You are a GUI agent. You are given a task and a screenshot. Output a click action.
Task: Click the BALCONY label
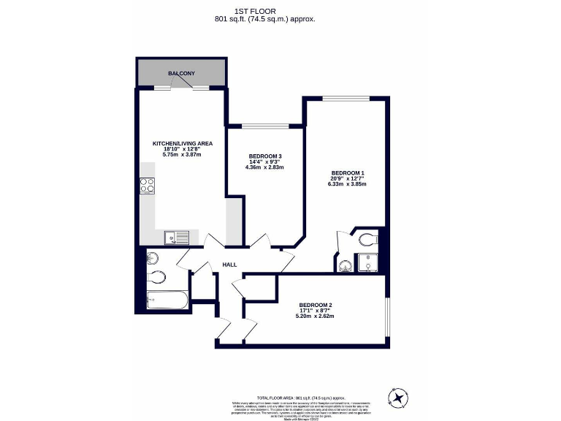181,74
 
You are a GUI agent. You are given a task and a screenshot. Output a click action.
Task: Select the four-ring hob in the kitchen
147,186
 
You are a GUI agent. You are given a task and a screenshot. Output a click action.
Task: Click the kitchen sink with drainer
176,236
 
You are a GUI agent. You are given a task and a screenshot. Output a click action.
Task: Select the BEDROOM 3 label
264,156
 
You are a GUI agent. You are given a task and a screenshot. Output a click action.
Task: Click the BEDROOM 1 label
347,173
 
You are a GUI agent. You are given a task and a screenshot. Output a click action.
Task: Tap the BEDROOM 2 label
316,305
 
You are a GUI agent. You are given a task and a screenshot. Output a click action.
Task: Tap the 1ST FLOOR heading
264,10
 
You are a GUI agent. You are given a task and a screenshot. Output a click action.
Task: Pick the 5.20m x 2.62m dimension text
315,316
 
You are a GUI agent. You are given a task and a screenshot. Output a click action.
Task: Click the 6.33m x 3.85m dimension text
347,184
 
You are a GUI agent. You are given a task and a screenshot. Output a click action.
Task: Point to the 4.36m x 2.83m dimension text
264,167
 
